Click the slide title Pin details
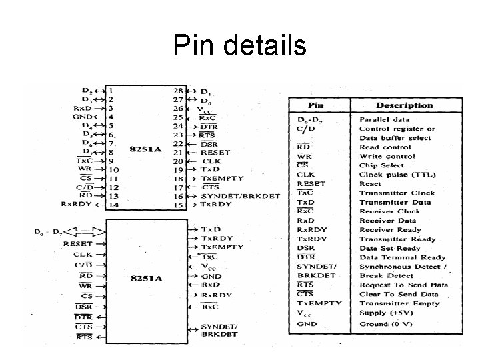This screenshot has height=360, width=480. point(239,46)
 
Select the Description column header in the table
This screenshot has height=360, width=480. point(404,105)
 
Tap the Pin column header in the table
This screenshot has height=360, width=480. point(317,105)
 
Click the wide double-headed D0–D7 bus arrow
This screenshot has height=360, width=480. point(85,232)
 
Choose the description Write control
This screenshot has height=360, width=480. point(386,156)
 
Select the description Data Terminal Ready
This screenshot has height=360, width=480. point(402,257)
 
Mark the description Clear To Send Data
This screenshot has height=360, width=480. point(399,294)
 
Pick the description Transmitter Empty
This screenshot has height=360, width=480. point(398,303)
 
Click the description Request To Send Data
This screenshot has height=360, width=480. point(403,285)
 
